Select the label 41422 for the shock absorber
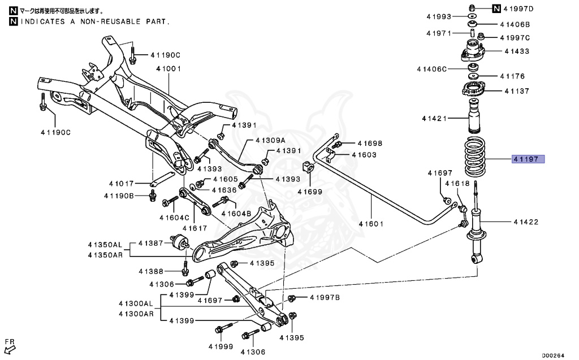pos(526,222)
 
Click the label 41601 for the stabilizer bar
pos(371,223)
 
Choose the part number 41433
pos(517,51)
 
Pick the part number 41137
pos(517,90)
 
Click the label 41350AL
pos(105,245)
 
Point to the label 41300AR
pos(136,314)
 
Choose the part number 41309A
pos(270,140)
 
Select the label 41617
pos(191,228)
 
